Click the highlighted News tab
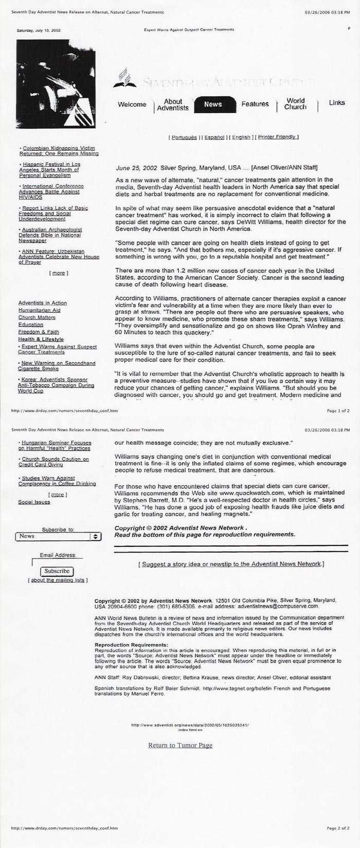click(x=213, y=104)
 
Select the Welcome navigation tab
click(x=132, y=104)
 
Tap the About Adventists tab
click(x=173, y=105)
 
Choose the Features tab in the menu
click(x=255, y=104)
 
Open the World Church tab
click(x=295, y=104)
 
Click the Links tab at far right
click(x=337, y=103)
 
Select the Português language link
click(x=184, y=137)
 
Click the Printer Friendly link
click(x=278, y=137)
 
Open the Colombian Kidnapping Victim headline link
click(x=59, y=151)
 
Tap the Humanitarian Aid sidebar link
click(x=40, y=310)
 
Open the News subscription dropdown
click(x=58, y=536)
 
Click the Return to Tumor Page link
click(x=180, y=746)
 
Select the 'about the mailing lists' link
click(x=58, y=580)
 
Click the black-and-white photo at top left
click(x=56, y=83)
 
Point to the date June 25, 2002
click(x=136, y=168)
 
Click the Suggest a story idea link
click(x=231, y=564)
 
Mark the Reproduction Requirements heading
click(x=132, y=645)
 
